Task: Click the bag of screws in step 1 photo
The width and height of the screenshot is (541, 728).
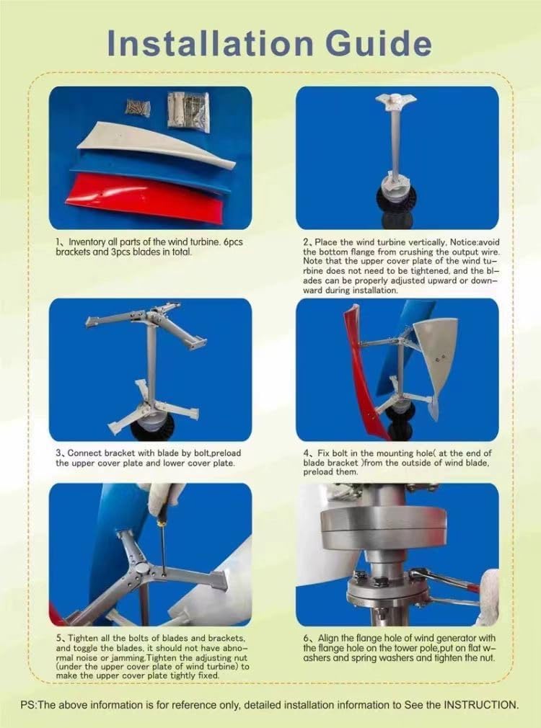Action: tap(137, 108)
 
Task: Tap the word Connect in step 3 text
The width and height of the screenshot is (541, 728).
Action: tap(87, 453)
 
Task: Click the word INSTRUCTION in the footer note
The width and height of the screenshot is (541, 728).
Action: tap(475, 704)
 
